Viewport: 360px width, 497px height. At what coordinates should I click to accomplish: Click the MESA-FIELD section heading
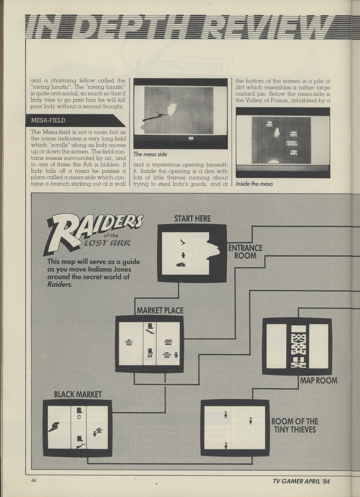(x=48, y=121)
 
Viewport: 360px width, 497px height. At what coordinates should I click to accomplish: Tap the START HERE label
(x=192, y=219)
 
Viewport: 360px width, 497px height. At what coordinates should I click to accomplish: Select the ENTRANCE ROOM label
(x=245, y=252)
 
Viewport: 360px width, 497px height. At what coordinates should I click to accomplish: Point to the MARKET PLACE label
(x=160, y=310)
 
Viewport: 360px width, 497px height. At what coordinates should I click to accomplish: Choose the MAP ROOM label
(x=319, y=380)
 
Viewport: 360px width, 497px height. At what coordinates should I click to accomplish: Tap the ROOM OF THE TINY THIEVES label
(x=295, y=426)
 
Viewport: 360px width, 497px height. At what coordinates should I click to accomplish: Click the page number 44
(x=34, y=480)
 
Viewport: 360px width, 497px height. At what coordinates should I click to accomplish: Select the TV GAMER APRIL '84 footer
(x=301, y=481)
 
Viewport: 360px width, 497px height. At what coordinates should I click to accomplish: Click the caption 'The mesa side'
(x=150, y=154)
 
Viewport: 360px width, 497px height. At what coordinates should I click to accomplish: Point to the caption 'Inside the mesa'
(x=254, y=184)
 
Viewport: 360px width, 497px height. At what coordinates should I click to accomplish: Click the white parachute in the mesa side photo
(x=172, y=109)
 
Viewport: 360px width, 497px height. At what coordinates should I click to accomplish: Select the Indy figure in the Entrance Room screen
(x=183, y=255)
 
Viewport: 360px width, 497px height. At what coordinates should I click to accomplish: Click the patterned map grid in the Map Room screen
(x=298, y=345)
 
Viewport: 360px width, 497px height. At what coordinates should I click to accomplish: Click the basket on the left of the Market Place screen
(x=129, y=343)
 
